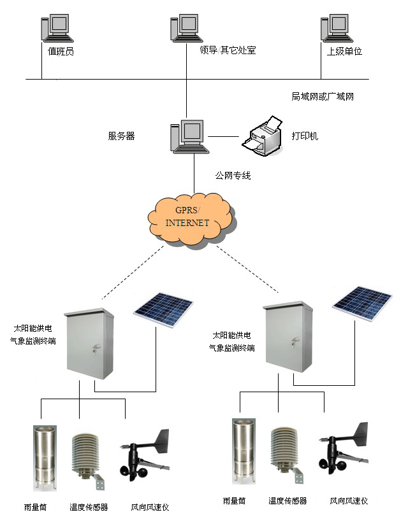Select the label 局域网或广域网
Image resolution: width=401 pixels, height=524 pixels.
(x=322, y=97)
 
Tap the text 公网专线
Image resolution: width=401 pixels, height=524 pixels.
(x=232, y=175)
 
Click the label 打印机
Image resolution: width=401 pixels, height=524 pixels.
(x=305, y=136)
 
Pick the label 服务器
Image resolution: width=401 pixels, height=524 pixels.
(x=121, y=136)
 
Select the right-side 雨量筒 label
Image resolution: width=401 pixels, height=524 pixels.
(x=235, y=501)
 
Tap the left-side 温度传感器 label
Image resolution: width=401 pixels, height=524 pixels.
(x=90, y=507)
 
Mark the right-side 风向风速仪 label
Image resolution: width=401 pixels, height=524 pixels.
(x=349, y=501)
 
